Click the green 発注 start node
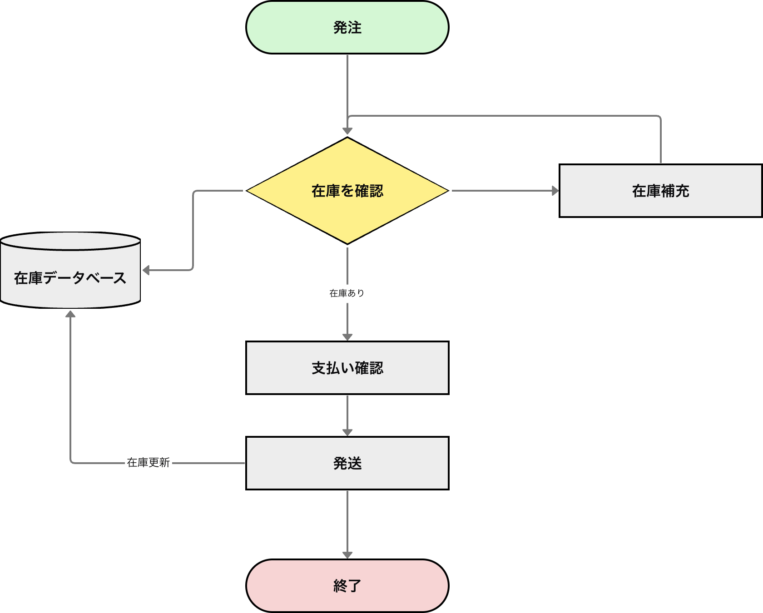point(347,27)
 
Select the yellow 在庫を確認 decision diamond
point(347,191)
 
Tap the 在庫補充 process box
point(660,191)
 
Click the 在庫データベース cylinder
point(70,277)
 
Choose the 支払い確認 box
point(347,368)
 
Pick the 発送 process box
point(347,463)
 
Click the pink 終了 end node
point(347,586)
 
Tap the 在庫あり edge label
point(347,293)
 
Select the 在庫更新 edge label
point(149,463)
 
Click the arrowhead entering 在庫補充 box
point(555,191)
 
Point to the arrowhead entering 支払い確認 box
point(347,337)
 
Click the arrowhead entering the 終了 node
point(347,555)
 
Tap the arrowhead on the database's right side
point(146,270)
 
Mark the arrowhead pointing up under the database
point(70,314)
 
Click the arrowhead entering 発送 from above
point(347,432)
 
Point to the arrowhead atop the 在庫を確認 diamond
point(347,131)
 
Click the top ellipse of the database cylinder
point(70,241)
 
